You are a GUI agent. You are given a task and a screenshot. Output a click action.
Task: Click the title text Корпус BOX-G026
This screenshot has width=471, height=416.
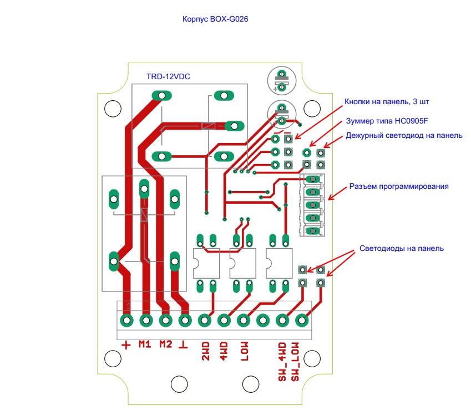click(215, 19)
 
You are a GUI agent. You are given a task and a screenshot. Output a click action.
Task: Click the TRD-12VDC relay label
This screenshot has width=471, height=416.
click(168, 76)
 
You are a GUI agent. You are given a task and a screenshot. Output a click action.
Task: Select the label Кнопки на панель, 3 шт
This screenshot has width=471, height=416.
click(387, 101)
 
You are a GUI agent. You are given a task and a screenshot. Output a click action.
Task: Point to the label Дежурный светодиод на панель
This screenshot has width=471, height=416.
click(403, 135)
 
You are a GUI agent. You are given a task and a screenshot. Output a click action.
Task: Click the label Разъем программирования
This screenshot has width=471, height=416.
click(398, 186)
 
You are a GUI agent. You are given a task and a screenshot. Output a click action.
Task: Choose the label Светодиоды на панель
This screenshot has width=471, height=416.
click(401, 248)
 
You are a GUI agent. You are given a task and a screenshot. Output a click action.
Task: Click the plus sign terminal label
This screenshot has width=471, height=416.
click(126, 345)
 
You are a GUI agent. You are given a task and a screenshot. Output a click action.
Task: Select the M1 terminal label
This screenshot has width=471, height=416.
click(145, 344)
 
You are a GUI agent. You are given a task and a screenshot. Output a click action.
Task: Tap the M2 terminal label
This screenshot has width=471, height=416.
click(165, 344)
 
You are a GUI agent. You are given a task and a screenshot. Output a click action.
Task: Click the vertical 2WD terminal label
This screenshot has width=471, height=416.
click(205, 350)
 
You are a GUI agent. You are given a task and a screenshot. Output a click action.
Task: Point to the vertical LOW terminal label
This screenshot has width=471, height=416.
click(245, 350)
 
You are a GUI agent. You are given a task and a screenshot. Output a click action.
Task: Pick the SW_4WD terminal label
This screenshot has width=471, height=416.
click(282, 361)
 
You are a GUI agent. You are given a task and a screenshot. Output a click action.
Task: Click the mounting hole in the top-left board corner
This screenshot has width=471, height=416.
click(113, 109)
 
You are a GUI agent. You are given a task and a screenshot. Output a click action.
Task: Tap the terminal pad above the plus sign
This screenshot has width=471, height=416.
click(127, 320)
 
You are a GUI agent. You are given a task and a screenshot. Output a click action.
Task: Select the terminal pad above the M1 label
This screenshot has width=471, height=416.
click(146, 320)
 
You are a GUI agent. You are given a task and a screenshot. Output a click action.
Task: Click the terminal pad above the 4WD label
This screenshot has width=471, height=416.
click(224, 320)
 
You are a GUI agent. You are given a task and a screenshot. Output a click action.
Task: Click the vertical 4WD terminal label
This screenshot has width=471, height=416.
click(224, 350)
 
